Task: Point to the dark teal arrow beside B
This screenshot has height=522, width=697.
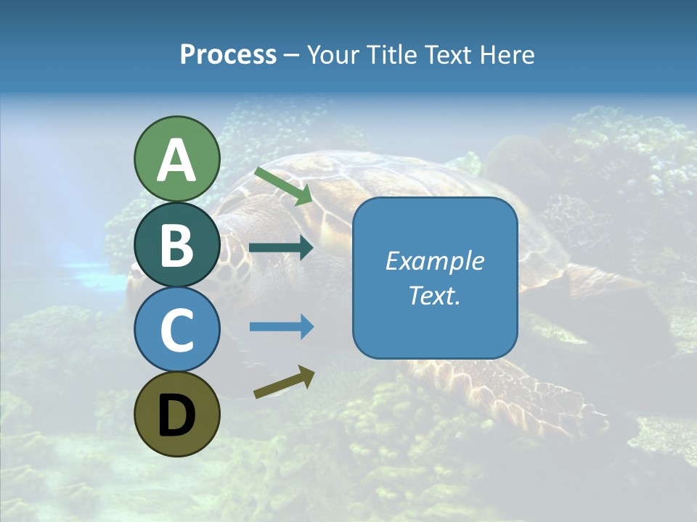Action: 281,248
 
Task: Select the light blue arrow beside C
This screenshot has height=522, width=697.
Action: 281,326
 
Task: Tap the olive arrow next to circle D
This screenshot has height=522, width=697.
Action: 284,382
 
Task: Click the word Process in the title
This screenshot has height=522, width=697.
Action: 228,55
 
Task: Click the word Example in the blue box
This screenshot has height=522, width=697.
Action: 434,261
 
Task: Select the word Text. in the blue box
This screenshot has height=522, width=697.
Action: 434,296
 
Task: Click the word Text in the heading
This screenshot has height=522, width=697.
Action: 449,55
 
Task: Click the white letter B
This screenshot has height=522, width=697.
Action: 176,244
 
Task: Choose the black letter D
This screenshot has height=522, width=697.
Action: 176,415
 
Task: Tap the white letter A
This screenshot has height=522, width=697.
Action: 176,160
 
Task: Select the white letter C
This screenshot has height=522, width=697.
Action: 176,331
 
